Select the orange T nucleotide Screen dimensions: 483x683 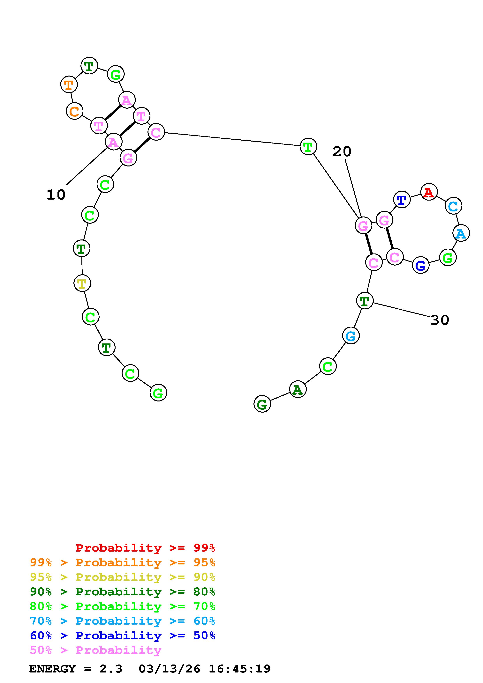(x=69, y=84)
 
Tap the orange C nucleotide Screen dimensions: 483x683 (x=74, y=111)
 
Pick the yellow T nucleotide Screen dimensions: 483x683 (x=82, y=283)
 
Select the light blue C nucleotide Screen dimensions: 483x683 (x=453, y=206)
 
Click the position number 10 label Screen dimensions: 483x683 (x=56, y=195)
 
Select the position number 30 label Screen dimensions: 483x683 (x=440, y=320)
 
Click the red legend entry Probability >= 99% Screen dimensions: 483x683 (x=146, y=548)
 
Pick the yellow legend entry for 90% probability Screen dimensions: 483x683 (x=123, y=577)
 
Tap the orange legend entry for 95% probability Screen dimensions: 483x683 (x=123, y=562)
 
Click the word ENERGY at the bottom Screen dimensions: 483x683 (x=52, y=669)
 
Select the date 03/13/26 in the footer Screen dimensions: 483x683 (x=169, y=669)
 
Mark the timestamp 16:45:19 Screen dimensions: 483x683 (x=240, y=669)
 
